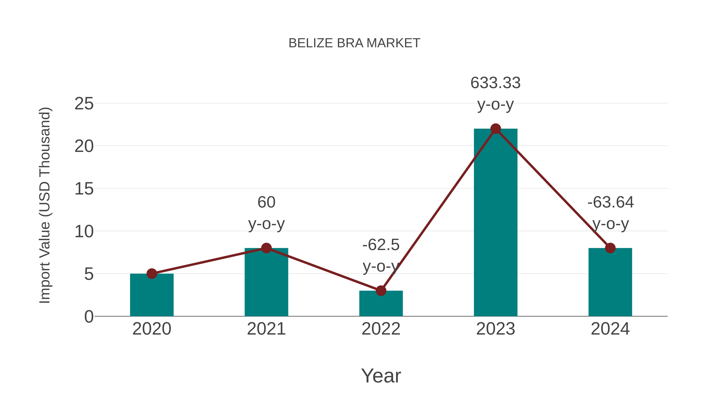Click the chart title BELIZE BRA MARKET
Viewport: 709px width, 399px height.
354,43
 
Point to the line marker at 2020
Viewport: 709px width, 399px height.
152,274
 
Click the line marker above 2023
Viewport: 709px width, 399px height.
496,129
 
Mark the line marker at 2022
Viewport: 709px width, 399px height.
381,290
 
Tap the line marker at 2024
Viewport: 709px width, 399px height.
610,248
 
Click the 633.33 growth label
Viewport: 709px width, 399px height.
496,83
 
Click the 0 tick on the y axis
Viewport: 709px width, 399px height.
89,317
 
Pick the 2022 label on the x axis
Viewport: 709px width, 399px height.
381,329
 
